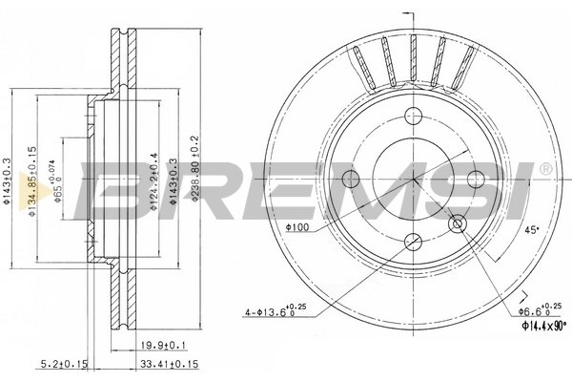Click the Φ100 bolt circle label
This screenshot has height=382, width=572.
pos(297,227)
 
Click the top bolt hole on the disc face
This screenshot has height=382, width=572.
pos(413,117)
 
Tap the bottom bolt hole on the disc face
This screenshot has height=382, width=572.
pos(413,243)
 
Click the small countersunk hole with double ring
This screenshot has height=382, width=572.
pos(457,224)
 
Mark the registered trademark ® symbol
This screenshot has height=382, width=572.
pos(544,168)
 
